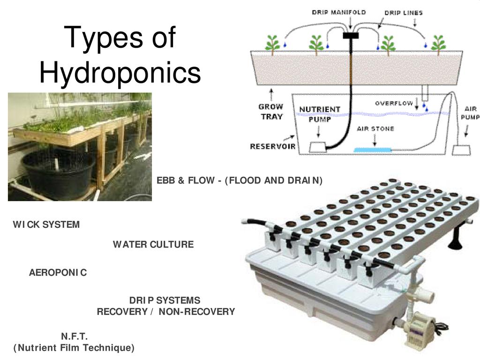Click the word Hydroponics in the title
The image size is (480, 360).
tap(120, 73)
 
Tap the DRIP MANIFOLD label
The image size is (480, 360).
tap(339, 12)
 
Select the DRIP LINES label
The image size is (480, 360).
tap(403, 13)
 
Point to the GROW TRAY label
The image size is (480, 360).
tap(271, 112)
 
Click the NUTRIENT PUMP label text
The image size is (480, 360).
tap(320, 114)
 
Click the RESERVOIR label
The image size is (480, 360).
tap(272, 146)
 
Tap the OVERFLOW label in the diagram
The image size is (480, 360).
tap(394, 103)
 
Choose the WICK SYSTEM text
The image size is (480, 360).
tap(46, 225)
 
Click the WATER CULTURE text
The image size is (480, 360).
tap(153, 244)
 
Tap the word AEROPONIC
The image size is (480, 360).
tap(58, 272)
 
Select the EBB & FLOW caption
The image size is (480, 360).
tap(239, 180)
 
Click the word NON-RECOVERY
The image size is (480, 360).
tap(196, 312)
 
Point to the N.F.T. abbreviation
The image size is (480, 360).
tap(74, 337)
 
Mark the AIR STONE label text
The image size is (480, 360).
tap(375, 128)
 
